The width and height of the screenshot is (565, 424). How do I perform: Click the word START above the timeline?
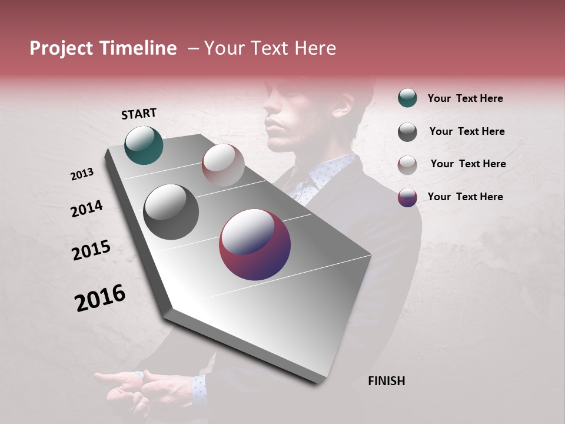139,114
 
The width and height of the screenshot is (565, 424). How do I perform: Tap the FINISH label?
386,381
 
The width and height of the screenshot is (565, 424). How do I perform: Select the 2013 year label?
82,174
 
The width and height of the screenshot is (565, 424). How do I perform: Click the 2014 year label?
87,209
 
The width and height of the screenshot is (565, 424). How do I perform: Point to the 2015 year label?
91,250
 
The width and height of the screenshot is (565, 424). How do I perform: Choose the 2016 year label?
100,298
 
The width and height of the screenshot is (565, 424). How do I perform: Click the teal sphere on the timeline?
144,145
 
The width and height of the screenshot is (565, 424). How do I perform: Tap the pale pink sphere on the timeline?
223,164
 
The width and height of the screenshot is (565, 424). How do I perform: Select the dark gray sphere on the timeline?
171,212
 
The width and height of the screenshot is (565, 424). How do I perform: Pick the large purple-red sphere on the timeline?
255,245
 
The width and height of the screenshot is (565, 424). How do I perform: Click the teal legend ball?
407,98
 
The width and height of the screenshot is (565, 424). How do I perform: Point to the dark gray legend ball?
407,132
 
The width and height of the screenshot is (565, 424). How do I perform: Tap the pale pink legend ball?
407,165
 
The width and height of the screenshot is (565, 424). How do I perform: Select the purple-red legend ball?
407,197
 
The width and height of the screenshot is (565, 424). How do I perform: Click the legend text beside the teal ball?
465,98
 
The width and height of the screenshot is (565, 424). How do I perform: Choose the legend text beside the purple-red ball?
465,197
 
